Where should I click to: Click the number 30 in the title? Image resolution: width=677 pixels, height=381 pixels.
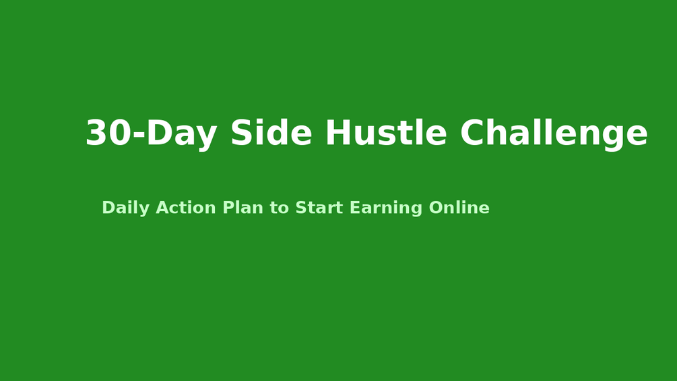(108, 134)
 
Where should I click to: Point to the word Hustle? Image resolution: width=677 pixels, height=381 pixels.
(386, 134)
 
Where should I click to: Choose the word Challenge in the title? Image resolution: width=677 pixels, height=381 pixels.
(554, 134)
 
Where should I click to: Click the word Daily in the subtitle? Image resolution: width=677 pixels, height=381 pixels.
(125, 208)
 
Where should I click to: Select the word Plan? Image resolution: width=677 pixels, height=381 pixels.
(243, 208)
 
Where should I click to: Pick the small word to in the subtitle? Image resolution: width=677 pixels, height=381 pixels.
(279, 208)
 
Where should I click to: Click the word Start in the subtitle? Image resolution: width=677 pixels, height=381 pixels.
(319, 208)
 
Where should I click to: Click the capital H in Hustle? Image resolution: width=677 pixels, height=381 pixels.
(338, 134)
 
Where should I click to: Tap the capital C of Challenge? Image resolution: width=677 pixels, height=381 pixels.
(474, 134)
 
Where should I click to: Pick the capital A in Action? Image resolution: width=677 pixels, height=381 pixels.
(162, 208)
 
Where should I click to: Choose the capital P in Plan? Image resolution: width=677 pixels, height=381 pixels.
(227, 208)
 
